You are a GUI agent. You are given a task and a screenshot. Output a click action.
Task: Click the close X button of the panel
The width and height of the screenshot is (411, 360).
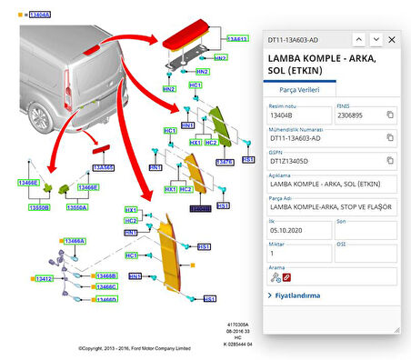click(392, 40)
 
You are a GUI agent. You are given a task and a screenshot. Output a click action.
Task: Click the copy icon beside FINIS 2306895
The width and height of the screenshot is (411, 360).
click(389, 115)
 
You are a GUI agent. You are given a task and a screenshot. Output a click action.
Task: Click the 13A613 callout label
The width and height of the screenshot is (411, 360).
click(236, 39)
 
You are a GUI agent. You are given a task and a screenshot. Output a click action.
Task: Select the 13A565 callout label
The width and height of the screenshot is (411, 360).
click(104, 168)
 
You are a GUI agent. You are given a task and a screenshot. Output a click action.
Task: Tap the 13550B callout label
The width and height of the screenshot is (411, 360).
click(39, 207)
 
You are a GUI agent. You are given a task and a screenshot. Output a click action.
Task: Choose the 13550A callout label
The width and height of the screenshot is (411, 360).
click(76, 207)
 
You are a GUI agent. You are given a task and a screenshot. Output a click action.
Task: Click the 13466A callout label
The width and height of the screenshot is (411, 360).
click(74, 241)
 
